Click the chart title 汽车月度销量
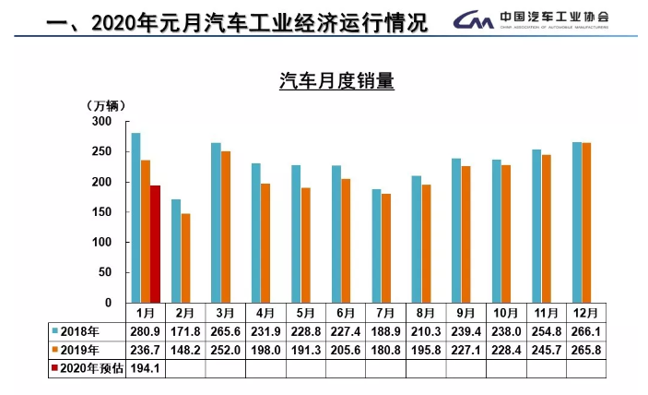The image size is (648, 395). [336, 82]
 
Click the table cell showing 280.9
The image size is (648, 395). [146, 331]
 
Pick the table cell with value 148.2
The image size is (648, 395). [185, 351]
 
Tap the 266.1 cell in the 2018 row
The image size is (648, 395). [585, 331]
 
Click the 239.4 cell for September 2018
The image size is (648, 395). [466, 331]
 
